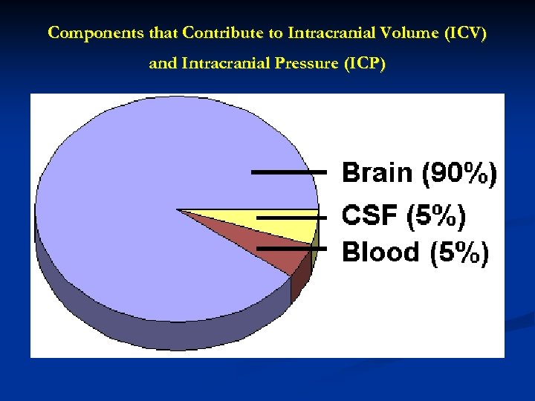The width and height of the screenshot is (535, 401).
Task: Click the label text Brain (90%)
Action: (x=419, y=174)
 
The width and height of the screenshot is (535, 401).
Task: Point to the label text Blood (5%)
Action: (x=415, y=252)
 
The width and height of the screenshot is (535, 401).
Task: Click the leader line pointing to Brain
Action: (x=288, y=172)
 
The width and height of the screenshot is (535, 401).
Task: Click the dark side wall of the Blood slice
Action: (x=299, y=284)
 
